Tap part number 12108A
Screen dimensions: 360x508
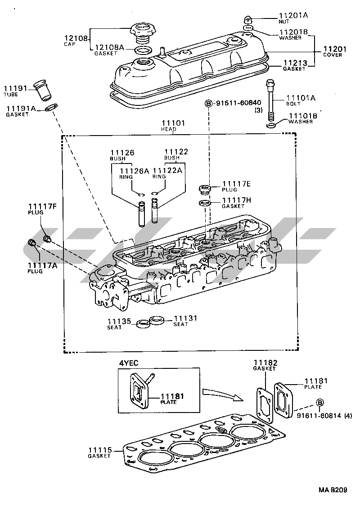(109, 47)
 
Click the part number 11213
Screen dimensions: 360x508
(294, 63)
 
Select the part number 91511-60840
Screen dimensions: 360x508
(238, 103)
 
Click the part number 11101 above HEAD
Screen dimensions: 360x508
(173, 123)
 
